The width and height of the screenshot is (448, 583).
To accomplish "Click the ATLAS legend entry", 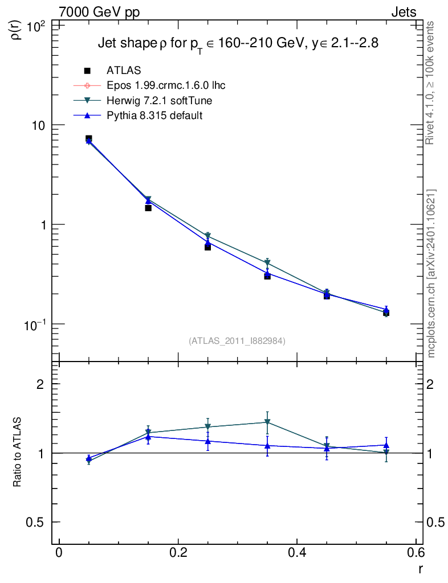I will [x=124, y=71].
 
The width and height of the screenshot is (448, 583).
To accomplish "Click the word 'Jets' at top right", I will [x=403, y=13].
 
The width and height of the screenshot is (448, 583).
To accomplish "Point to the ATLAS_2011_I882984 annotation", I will [x=237, y=340].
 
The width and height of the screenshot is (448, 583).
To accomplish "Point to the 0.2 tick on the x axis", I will [x=178, y=553].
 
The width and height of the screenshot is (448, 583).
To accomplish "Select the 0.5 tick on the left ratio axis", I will [x=39, y=522].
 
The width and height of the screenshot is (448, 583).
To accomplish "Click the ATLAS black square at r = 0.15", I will [x=148, y=208].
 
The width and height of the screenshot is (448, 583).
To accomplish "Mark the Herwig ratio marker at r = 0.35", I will [x=267, y=422].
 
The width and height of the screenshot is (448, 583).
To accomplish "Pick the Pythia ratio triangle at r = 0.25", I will [x=208, y=441].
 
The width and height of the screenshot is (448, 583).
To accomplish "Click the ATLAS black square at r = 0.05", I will [x=89, y=138].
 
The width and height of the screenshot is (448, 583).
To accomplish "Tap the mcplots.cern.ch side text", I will [x=431, y=273].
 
